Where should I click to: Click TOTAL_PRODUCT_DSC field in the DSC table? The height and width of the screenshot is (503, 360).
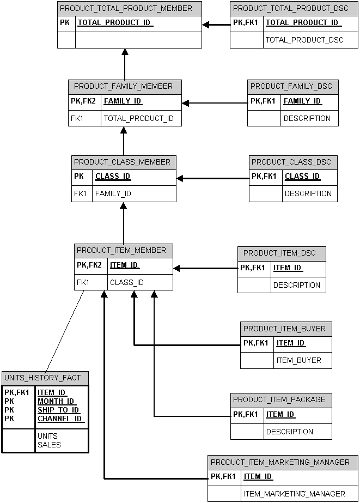coord(304,40)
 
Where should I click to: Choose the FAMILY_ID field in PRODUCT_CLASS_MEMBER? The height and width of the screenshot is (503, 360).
coord(113,193)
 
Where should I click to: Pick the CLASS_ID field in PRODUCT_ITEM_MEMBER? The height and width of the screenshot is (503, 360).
coord(127,282)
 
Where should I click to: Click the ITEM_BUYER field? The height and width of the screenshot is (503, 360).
coord(299,360)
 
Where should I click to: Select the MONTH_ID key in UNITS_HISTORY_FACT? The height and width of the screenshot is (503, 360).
coord(56,401)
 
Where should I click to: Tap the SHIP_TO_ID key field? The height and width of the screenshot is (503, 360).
coord(58,410)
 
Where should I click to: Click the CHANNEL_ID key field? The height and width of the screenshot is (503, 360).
coord(60,419)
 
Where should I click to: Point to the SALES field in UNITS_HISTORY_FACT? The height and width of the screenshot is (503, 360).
coord(49,445)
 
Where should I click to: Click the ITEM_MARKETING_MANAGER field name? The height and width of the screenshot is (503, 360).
coord(295,494)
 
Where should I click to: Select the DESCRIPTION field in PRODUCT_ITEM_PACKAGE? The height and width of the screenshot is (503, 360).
coord(290,432)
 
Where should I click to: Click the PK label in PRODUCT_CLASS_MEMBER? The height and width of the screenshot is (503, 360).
coord(79,177)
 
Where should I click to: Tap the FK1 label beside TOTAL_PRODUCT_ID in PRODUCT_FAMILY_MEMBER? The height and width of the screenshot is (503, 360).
coord(77,118)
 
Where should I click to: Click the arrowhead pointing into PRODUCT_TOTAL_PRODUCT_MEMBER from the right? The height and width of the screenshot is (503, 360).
coord(207,25)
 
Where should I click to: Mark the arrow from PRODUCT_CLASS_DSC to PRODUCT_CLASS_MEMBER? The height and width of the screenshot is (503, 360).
coord(212,178)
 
